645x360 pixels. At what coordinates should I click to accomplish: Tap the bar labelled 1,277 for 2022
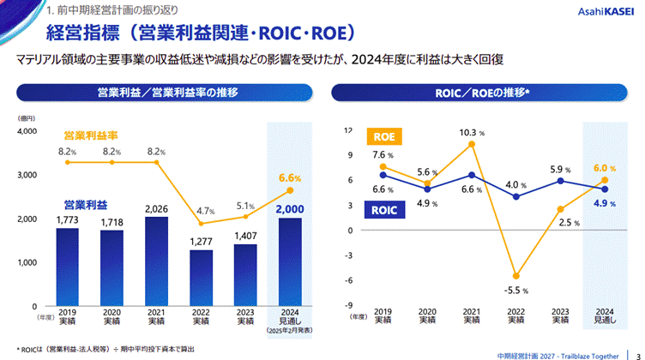[x=200, y=278]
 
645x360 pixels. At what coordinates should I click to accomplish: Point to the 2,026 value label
[x=155, y=208]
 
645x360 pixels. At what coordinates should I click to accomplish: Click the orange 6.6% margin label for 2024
[x=290, y=177]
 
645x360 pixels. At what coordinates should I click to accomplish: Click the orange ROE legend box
[x=383, y=136]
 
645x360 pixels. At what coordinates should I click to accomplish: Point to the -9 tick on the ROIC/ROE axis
[x=348, y=305]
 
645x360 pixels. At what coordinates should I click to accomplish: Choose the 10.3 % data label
[x=471, y=133]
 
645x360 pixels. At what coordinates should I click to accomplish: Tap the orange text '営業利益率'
[x=89, y=135]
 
